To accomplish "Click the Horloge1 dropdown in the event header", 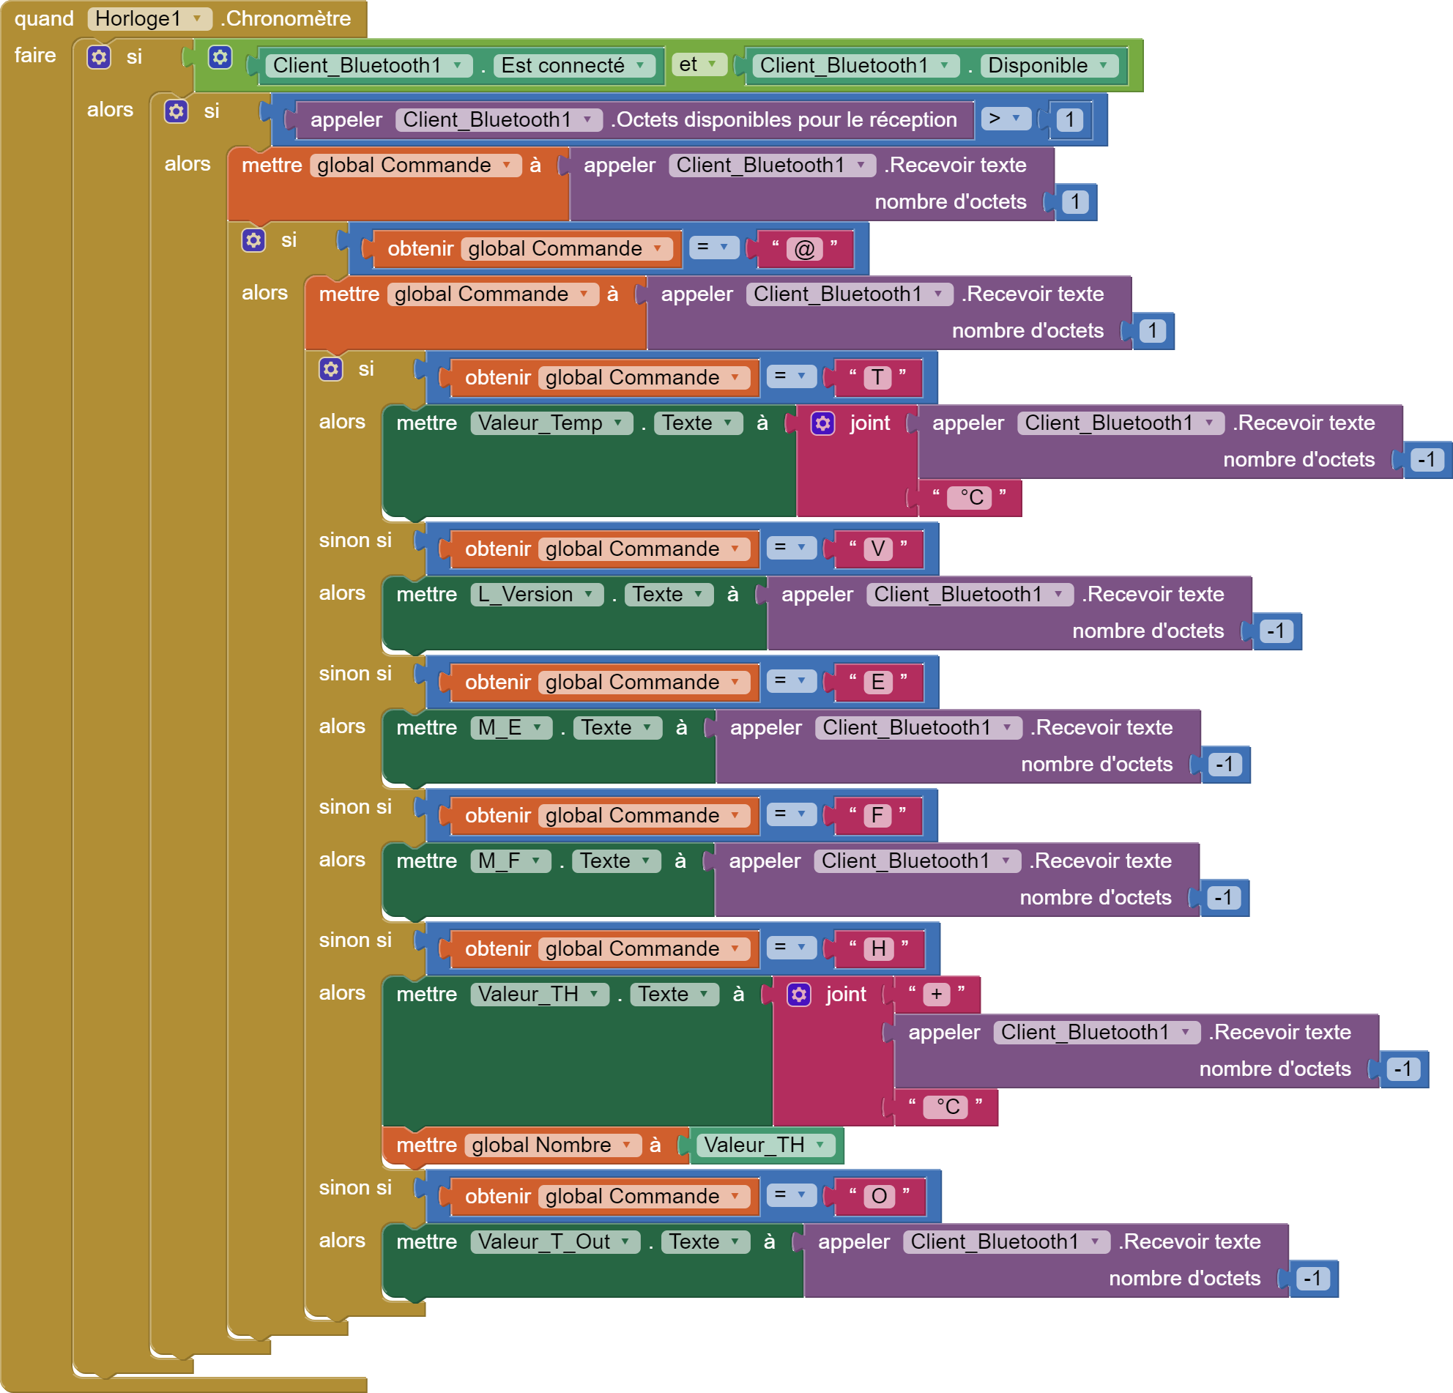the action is tap(149, 18).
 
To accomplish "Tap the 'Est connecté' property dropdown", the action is tap(573, 65).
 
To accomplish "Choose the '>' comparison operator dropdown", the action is tap(1005, 119).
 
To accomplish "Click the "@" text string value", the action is tap(804, 248).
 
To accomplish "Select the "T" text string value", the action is tap(877, 377).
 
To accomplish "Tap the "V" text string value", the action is tap(877, 549).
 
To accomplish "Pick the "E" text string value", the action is tap(877, 682).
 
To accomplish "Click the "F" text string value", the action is tap(877, 815).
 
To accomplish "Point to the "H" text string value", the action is tap(879, 949).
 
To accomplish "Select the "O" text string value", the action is tap(880, 1196).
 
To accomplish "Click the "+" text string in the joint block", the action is tap(936, 994).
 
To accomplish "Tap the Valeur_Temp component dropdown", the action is tap(551, 423).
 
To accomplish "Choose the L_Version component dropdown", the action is tap(537, 594).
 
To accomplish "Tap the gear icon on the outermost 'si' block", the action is tap(99, 57).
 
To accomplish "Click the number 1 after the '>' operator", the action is tap(1069, 119).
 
